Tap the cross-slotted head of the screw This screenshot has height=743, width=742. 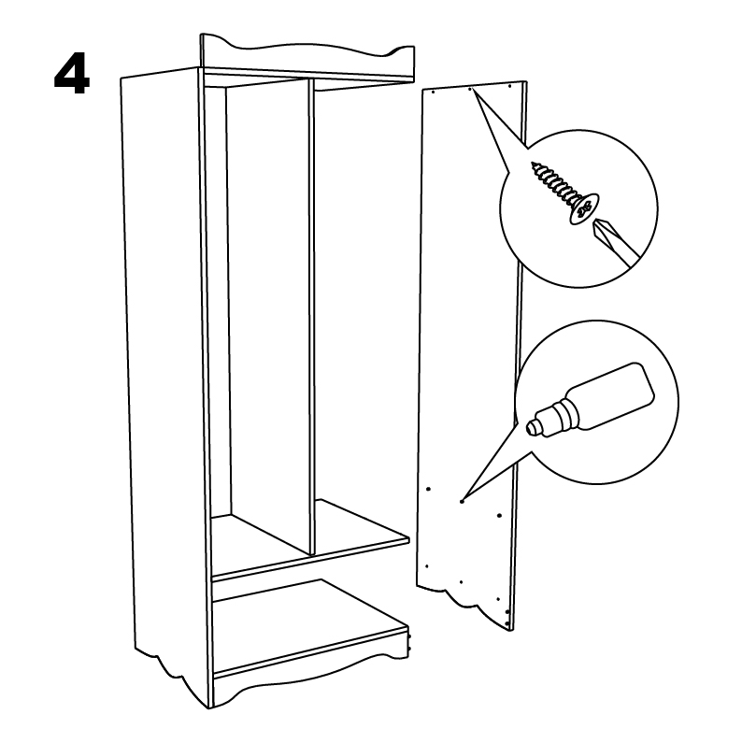tap(585, 208)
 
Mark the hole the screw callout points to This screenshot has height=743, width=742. tap(469, 89)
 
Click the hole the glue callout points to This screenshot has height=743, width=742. tap(462, 501)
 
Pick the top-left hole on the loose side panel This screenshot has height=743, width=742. tap(434, 92)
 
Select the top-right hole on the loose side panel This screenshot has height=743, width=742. tap(509, 86)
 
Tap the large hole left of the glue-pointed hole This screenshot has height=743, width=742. tap(428, 489)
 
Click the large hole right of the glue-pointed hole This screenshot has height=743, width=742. tap(499, 515)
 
